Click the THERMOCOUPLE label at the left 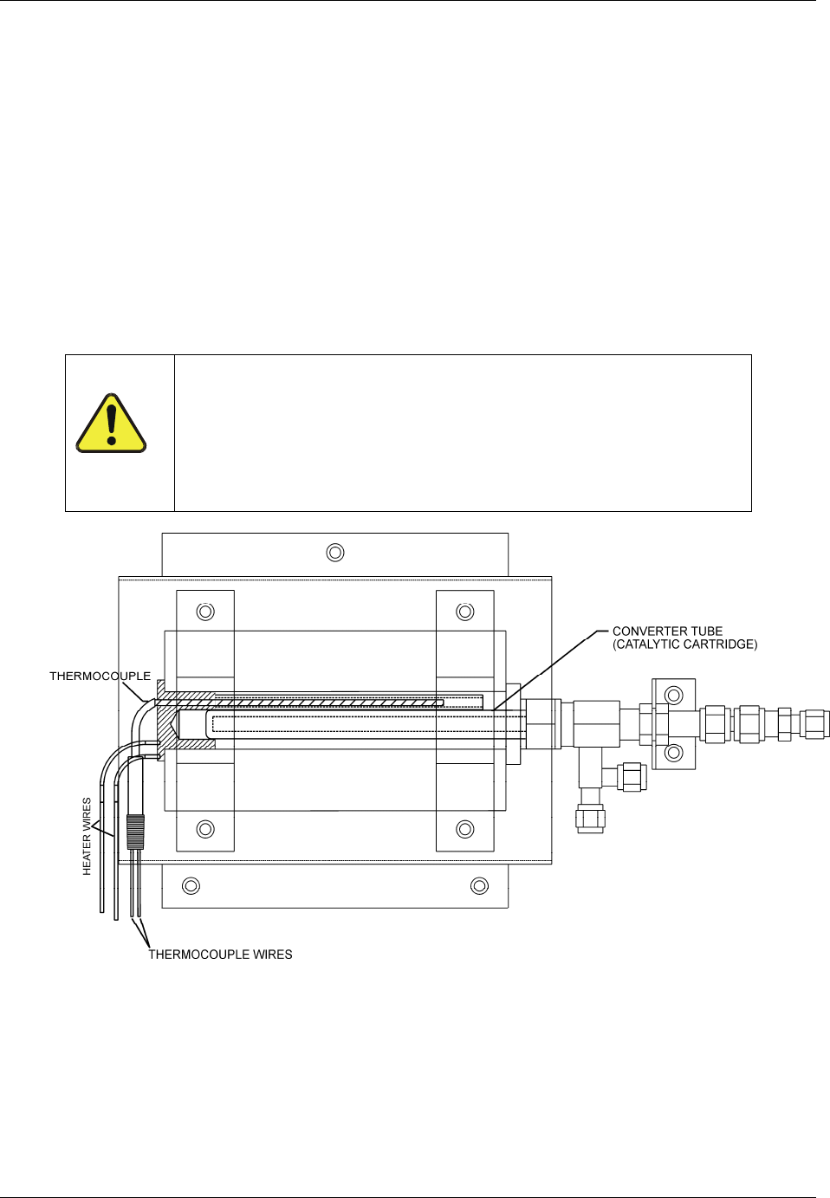pyautogui.click(x=100, y=676)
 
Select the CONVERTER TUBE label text pyautogui.click(x=667, y=631)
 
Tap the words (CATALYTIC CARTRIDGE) pyautogui.click(x=685, y=644)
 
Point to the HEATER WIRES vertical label pyautogui.click(x=87, y=836)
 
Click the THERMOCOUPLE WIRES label pyautogui.click(x=220, y=955)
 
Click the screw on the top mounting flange pyautogui.click(x=335, y=552)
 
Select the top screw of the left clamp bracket pyautogui.click(x=205, y=612)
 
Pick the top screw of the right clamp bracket pyautogui.click(x=465, y=612)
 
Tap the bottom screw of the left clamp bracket pyautogui.click(x=205, y=829)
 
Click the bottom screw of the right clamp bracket pyautogui.click(x=465, y=829)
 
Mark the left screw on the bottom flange pyautogui.click(x=191, y=885)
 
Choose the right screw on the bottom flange pyautogui.click(x=479, y=885)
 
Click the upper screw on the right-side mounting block pyautogui.click(x=673, y=695)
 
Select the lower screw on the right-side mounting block pyautogui.click(x=673, y=753)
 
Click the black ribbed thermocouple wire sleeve pyautogui.click(x=134, y=831)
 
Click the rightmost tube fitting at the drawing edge pyautogui.click(x=814, y=723)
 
